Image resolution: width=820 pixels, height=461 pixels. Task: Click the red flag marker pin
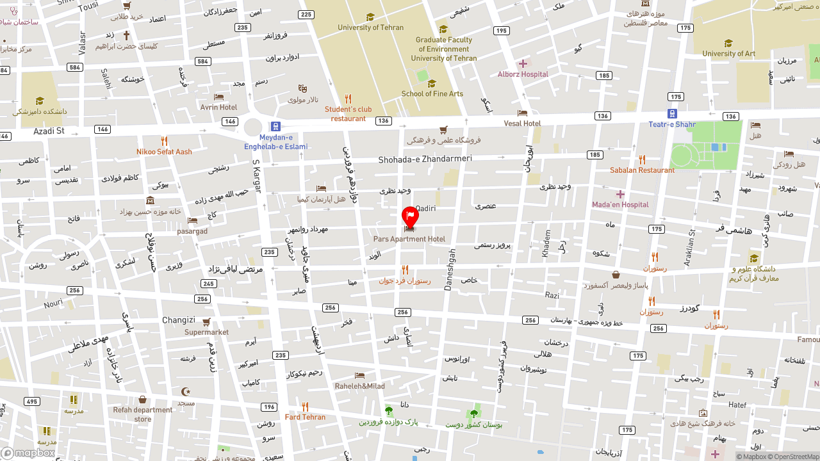(x=410, y=216)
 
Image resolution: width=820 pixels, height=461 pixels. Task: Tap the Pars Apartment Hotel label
(x=409, y=239)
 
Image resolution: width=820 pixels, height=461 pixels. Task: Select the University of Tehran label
(x=370, y=28)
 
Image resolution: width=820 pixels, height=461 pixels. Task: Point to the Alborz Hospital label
(x=523, y=74)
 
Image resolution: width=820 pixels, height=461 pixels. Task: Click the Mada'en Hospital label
(x=619, y=204)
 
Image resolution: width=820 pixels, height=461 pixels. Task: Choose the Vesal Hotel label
(x=522, y=123)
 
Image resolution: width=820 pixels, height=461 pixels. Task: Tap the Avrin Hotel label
(x=218, y=107)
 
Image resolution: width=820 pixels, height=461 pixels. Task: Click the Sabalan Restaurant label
(x=642, y=170)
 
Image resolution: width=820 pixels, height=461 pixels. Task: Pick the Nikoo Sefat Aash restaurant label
(x=164, y=152)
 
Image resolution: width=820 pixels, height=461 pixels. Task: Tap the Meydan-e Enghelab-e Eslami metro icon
(x=275, y=127)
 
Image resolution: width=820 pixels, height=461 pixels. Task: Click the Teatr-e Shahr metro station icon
(x=672, y=113)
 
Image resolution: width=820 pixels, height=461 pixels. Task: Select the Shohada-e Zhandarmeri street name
(x=425, y=159)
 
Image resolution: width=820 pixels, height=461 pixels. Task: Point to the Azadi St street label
(x=49, y=131)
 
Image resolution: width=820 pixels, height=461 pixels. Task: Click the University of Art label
(x=728, y=53)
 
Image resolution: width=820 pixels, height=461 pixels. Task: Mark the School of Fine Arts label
(x=432, y=93)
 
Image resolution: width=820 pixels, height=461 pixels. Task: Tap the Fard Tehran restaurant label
(x=305, y=417)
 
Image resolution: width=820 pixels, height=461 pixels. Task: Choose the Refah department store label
(x=143, y=414)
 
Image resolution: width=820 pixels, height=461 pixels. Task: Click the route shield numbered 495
(x=31, y=401)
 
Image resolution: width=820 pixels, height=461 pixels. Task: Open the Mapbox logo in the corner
(x=28, y=453)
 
